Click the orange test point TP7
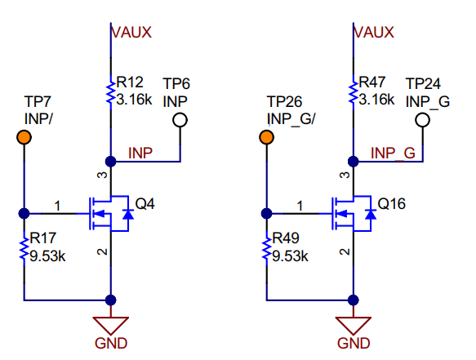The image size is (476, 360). (24, 137)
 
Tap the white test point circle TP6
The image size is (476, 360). (180, 120)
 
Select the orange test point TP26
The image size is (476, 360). (266, 137)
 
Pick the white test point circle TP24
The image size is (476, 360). (423, 120)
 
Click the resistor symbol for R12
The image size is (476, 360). (110, 93)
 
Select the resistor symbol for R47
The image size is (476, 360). (353, 93)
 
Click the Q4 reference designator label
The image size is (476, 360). (145, 204)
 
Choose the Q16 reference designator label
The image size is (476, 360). (391, 204)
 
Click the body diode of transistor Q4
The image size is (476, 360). (128, 214)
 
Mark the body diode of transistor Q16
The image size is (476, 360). (371, 214)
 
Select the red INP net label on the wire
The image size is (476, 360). (140, 153)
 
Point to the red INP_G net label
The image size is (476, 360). (393, 153)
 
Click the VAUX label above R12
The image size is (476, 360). (131, 32)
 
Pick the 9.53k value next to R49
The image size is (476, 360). (290, 256)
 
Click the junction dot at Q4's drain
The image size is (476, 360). (110, 161)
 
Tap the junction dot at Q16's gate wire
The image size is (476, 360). (266, 213)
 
